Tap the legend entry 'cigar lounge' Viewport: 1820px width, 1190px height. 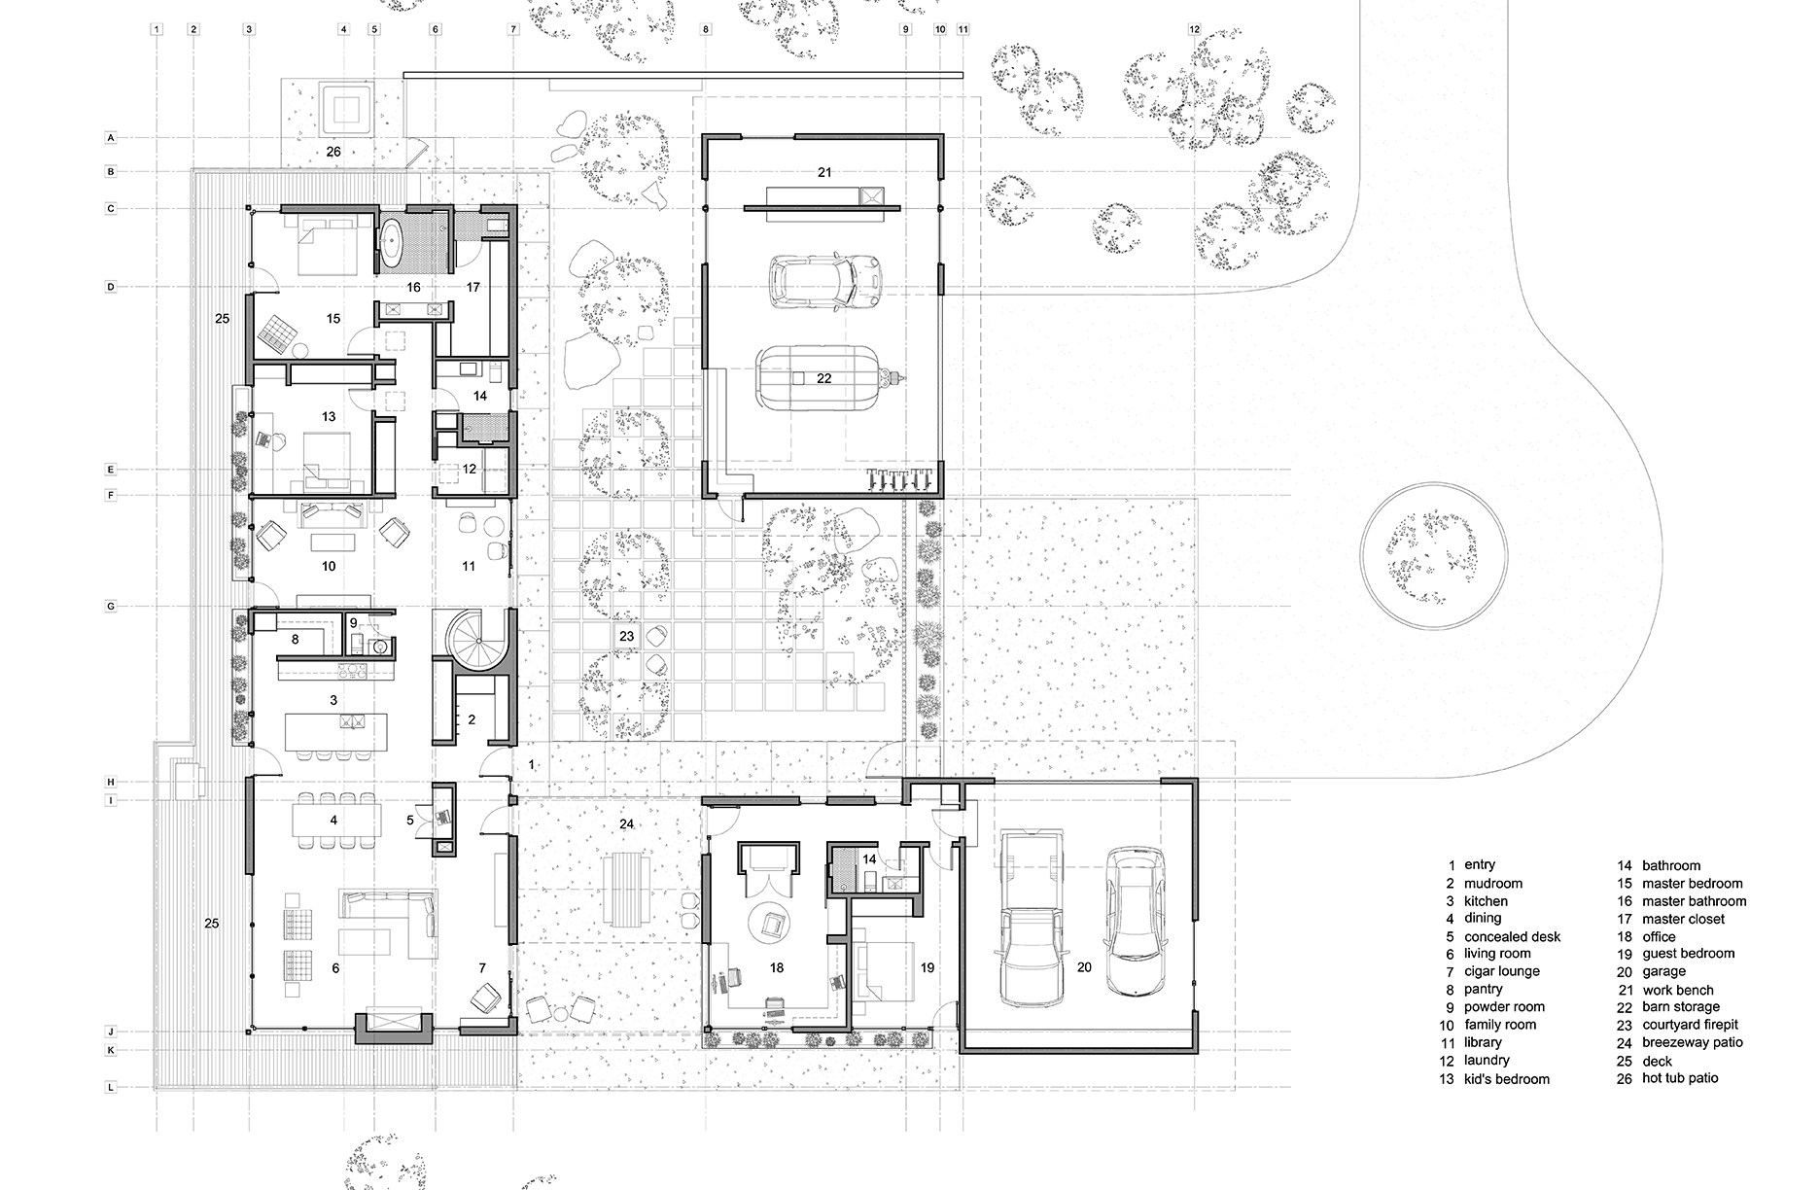[1501, 971]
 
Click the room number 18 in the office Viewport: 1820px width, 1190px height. [776, 967]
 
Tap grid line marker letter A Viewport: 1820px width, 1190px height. [111, 138]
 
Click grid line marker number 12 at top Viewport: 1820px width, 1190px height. [1195, 30]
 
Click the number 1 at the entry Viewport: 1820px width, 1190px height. [531, 766]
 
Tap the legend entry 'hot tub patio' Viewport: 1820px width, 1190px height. [1680, 1078]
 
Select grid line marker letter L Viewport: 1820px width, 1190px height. [111, 1088]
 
